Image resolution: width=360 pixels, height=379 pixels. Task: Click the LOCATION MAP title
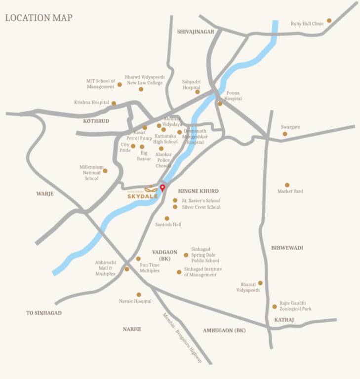[39, 18]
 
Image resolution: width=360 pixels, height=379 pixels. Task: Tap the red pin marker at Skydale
[162, 188]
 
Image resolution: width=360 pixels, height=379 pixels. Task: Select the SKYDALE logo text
[143, 196]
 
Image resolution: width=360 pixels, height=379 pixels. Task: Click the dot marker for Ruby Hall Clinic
[329, 21]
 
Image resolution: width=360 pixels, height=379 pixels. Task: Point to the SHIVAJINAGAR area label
[196, 32]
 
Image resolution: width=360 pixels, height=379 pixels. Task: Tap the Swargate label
[290, 127]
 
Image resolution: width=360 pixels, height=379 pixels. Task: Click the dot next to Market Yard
[287, 185]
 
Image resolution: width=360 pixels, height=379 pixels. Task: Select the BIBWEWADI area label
[287, 248]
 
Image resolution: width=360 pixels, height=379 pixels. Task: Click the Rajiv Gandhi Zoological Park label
[296, 306]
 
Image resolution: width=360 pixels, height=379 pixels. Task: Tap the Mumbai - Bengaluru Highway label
[182, 339]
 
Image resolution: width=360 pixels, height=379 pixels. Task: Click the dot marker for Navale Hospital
[139, 295]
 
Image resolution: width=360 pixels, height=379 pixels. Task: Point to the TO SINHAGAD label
[44, 313]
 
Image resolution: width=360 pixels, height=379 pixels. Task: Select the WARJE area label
[44, 194]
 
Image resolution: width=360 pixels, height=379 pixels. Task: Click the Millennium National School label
[92, 173]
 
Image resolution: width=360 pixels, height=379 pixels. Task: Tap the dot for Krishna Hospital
[114, 103]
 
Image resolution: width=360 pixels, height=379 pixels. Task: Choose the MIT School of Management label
[101, 84]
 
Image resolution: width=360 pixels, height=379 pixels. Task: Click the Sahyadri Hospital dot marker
[198, 92]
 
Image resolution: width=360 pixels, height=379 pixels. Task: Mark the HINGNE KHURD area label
[198, 191]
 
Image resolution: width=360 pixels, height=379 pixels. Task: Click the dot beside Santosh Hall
[167, 218]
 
